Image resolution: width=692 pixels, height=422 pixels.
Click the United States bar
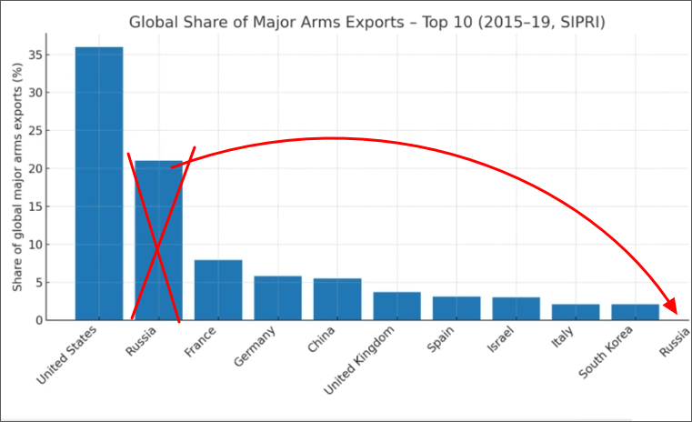pyautogui.click(x=99, y=183)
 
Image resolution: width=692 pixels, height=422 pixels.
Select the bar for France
pyautogui.click(x=218, y=290)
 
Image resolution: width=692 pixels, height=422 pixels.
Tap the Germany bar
pyautogui.click(x=277, y=298)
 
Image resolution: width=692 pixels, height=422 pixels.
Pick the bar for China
pyautogui.click(x=337, y=299)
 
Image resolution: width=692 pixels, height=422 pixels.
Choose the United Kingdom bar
pyautogui.click(x=397, y=306)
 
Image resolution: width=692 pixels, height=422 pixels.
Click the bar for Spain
pyautogui.click(x=456, y=308)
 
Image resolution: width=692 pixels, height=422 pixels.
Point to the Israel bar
pyautogui.click(x=516, y=308)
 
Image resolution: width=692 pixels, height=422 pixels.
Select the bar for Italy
pyautogui.click(x=576, y=312)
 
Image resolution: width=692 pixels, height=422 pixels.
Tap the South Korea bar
pyautogui.click(x=635, y=312)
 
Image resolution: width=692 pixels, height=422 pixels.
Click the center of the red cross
pyautogui.click(x=157, y=244)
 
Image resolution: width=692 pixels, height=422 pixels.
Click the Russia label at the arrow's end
pyautogui.click(x=674, y=345)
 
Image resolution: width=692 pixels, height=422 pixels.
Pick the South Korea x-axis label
pyautogui.click(x=607, y=355)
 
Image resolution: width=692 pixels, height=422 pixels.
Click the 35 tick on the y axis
pyautogui.click(x=35, y=55)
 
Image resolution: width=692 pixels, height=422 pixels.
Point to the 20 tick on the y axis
pyautogui.click(x=35, y=168)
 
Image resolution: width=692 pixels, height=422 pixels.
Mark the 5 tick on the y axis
pyautogui.click(x=39, y=282)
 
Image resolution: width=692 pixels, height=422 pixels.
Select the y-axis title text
pyautogui.click(x=17, y=183)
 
